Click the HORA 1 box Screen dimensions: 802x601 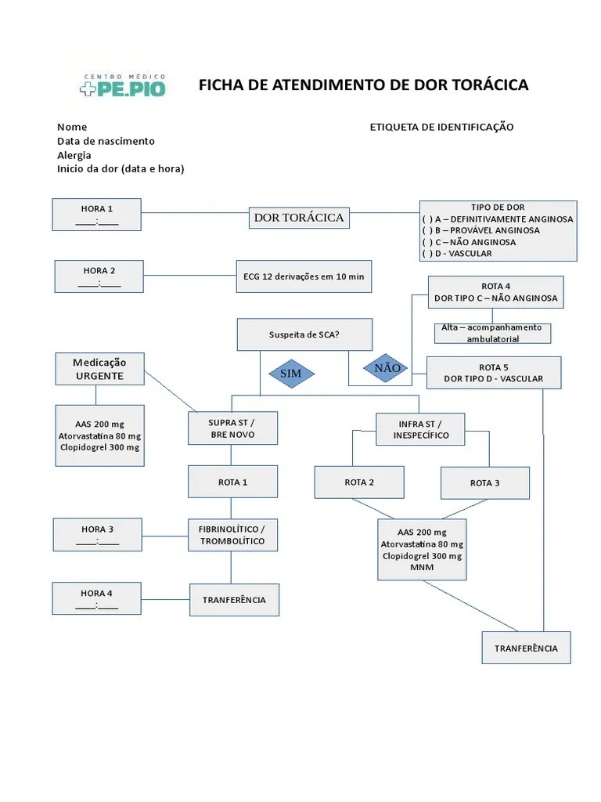click(x=97, y=215)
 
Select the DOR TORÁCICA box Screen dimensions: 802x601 click(x=299, y=217)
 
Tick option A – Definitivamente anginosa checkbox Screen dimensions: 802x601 click(x=427, y=219)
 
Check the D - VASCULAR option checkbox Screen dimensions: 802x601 click(x=427, y=254)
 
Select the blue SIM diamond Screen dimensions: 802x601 click(x=290, y=374)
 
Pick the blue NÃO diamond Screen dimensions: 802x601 click(x=387, y=367)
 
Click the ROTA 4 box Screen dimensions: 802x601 click(x=495, y=292)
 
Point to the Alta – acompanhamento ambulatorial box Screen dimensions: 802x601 click(x=491, y=333)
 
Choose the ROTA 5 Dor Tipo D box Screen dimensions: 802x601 click(x=493, y=373)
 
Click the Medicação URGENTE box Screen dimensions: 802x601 click(x=99, y=369)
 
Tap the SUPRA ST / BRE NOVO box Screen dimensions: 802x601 click(x=232, y=428)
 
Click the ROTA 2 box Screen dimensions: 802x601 click(x=359, y=482)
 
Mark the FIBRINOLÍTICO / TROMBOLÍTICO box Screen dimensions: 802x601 click(x=232, y=535)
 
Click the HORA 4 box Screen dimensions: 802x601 click(x=97, y=599)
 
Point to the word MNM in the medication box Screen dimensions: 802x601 click(x=422, y=568)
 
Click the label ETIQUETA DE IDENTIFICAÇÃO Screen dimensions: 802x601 click(x=441, y=127)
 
